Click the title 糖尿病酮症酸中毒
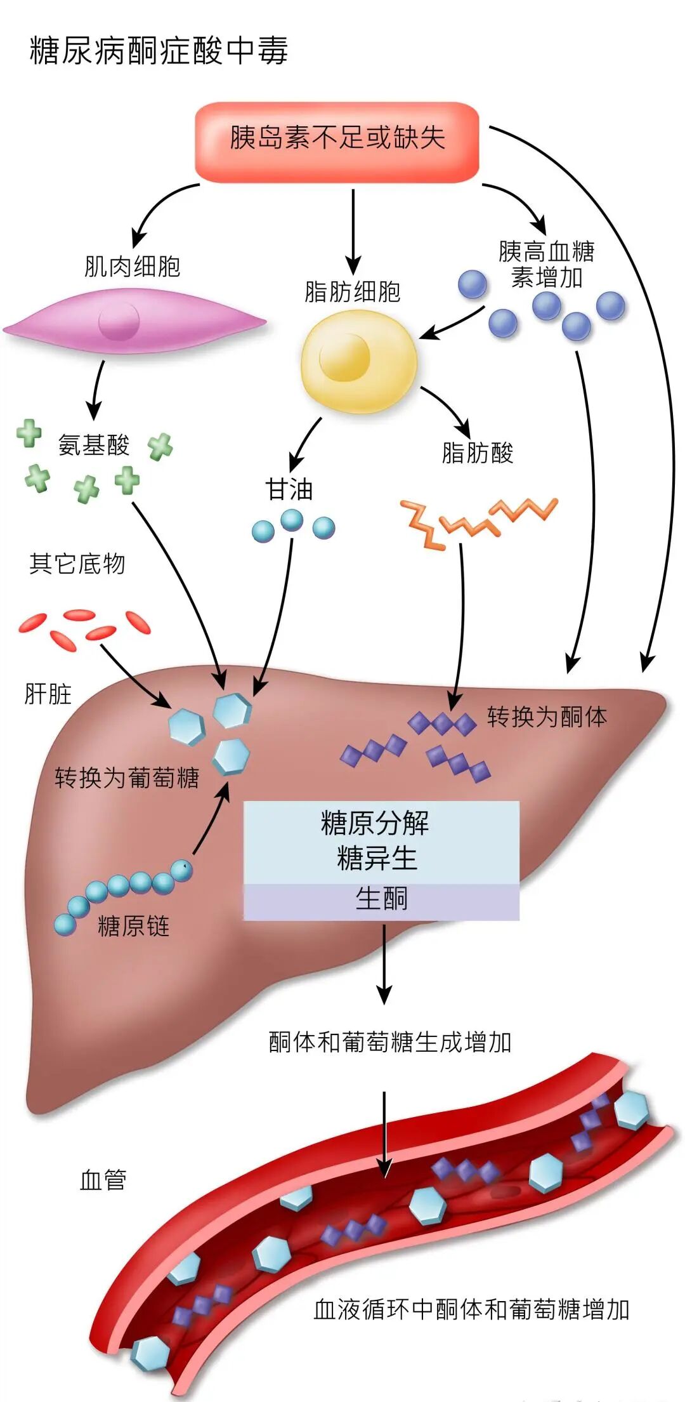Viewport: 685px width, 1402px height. [159, 51]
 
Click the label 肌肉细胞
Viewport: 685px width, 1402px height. [133, 267]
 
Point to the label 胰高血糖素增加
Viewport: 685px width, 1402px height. [546, 264]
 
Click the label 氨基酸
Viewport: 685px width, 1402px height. [94, 445]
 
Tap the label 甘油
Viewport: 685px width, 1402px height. [289, 490]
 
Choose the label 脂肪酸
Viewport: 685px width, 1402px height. [477, 453]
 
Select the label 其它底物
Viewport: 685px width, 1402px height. [77, 564]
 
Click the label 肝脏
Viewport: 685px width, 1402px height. [48, 694]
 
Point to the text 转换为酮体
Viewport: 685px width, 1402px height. [547, 717]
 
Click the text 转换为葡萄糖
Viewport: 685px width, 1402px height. [127, 777]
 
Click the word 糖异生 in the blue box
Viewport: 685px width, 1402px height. [377, 859]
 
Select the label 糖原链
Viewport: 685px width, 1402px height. [134, 926]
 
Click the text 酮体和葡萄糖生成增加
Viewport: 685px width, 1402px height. [389, 1042]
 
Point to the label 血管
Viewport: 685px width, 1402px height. [103, 1179]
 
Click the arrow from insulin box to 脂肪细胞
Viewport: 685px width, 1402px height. [353, 232]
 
